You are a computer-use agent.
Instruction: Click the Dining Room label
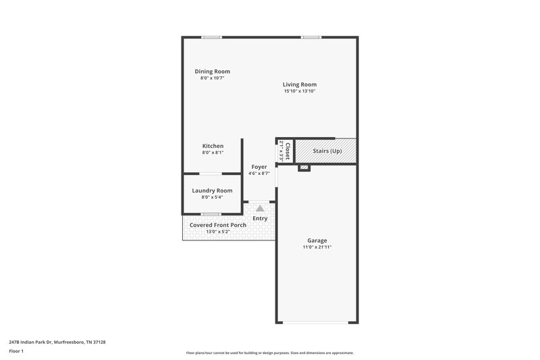pyautogui.click(x=212, y=72)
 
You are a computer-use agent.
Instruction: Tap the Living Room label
pyautogui.click(x=300, y=84)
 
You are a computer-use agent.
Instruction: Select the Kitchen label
pyautogui.click(x=213, y=146)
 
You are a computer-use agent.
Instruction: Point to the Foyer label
pyautogui.click(x=260, y=167)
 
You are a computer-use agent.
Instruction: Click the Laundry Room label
pyautogui.click(x=212, y=190)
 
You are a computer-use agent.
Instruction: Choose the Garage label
pyautogui.click(x=317, y=240)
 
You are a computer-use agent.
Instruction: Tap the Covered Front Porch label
pyautogui.click(x=217, y=224)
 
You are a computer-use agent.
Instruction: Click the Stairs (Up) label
pyautogui.click(x=327, y=151)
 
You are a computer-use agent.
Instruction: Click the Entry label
pyautogui.click(x=260, y=218)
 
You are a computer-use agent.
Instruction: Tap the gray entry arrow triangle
pyautogui.click(x=260, y=209)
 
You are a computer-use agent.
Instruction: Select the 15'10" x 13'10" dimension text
pyautogui.click(x=300, y=91)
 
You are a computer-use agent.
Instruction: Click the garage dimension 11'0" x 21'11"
pyautogui.click(x=317, y=247)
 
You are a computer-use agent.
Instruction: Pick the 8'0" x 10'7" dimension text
pyautogui.click(x=212, y=78)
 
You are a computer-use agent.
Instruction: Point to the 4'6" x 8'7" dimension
pyautogui.click(x=260, y=174)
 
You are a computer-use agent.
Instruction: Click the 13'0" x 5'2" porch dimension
pyautogui.click(x=217, y=232)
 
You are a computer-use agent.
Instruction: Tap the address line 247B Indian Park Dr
pyautogui.click(x=57, y=342)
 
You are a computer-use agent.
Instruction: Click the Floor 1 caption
pyautogui.click(x=16, y=351)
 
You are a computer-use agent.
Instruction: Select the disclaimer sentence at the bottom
pyautogui.click(x=269, y=353)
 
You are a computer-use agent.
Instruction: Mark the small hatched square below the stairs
pyautogui.click(x=304, y=166)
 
